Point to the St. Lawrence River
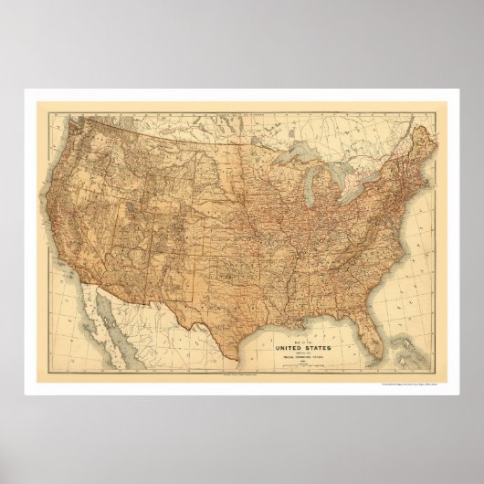point(402,146)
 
